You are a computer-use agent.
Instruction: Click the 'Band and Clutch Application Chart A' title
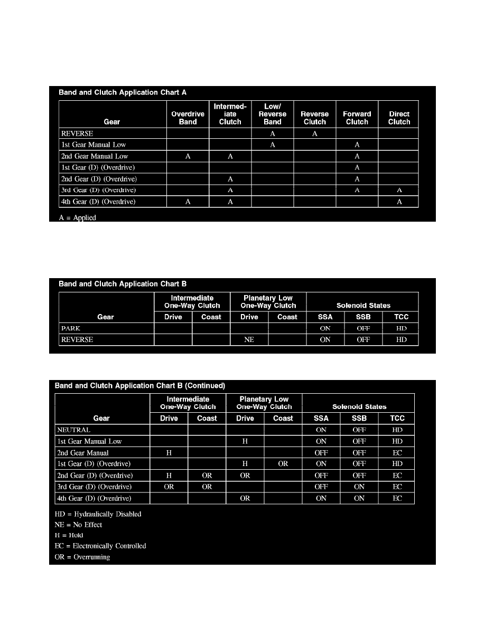tap(123, 92)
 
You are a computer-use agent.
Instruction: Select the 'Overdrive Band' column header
tap(188, 118)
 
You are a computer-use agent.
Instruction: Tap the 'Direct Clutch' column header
tap(399, 118)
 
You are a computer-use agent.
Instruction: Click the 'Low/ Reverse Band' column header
tap(273, 114)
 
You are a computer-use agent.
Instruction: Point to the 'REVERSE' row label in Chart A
tap(77, 134)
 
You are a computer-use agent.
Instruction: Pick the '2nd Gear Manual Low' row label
tap(95, 156)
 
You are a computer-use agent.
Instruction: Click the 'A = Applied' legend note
tap(77, 217)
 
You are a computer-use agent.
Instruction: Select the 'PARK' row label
tap(71, 328)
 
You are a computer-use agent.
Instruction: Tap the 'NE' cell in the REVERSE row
tap(249, 340)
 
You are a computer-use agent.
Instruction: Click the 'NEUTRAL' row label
tap(73, 430)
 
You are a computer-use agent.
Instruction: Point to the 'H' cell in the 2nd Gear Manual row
tap(169, 453)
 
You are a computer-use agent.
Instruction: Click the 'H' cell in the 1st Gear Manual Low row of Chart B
tap(245, 441)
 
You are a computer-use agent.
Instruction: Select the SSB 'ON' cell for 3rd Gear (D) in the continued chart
tap(359, 487)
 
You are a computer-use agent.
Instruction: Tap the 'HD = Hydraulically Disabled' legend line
tap(98, 514)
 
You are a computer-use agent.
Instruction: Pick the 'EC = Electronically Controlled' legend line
tap(100, 546)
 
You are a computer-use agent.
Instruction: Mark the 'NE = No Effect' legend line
tap(79, 525)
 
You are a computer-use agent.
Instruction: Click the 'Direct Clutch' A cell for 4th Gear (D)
tap(399, 202)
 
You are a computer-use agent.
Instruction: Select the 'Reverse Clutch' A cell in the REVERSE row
tap(315, 134)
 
